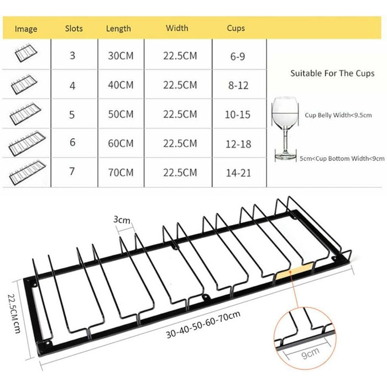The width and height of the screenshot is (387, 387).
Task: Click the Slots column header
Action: point(74,28)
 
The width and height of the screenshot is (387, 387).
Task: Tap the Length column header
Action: point(118,29)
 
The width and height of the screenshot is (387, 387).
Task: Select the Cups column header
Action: point(236,28)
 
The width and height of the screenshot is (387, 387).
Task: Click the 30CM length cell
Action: point(121,56)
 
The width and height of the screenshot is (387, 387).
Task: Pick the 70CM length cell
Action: point(121,172)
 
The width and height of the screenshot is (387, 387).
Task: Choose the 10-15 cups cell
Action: point(238,115)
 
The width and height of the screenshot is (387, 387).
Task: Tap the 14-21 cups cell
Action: point(238,173)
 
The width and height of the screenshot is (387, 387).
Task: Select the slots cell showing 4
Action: point(72,86)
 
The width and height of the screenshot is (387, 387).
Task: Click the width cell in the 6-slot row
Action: point(180,143)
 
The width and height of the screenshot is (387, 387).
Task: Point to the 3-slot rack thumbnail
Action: point(25,53)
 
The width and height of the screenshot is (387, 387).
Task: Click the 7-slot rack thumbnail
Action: point(28,172)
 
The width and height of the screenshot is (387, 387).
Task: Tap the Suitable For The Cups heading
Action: point(332,74)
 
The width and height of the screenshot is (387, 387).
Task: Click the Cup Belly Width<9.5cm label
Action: point(338,115)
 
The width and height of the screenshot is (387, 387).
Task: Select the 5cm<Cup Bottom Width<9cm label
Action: point(342,158)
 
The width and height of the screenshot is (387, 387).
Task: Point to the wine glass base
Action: point(286,156)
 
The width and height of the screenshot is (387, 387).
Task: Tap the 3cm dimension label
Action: point(122,219)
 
